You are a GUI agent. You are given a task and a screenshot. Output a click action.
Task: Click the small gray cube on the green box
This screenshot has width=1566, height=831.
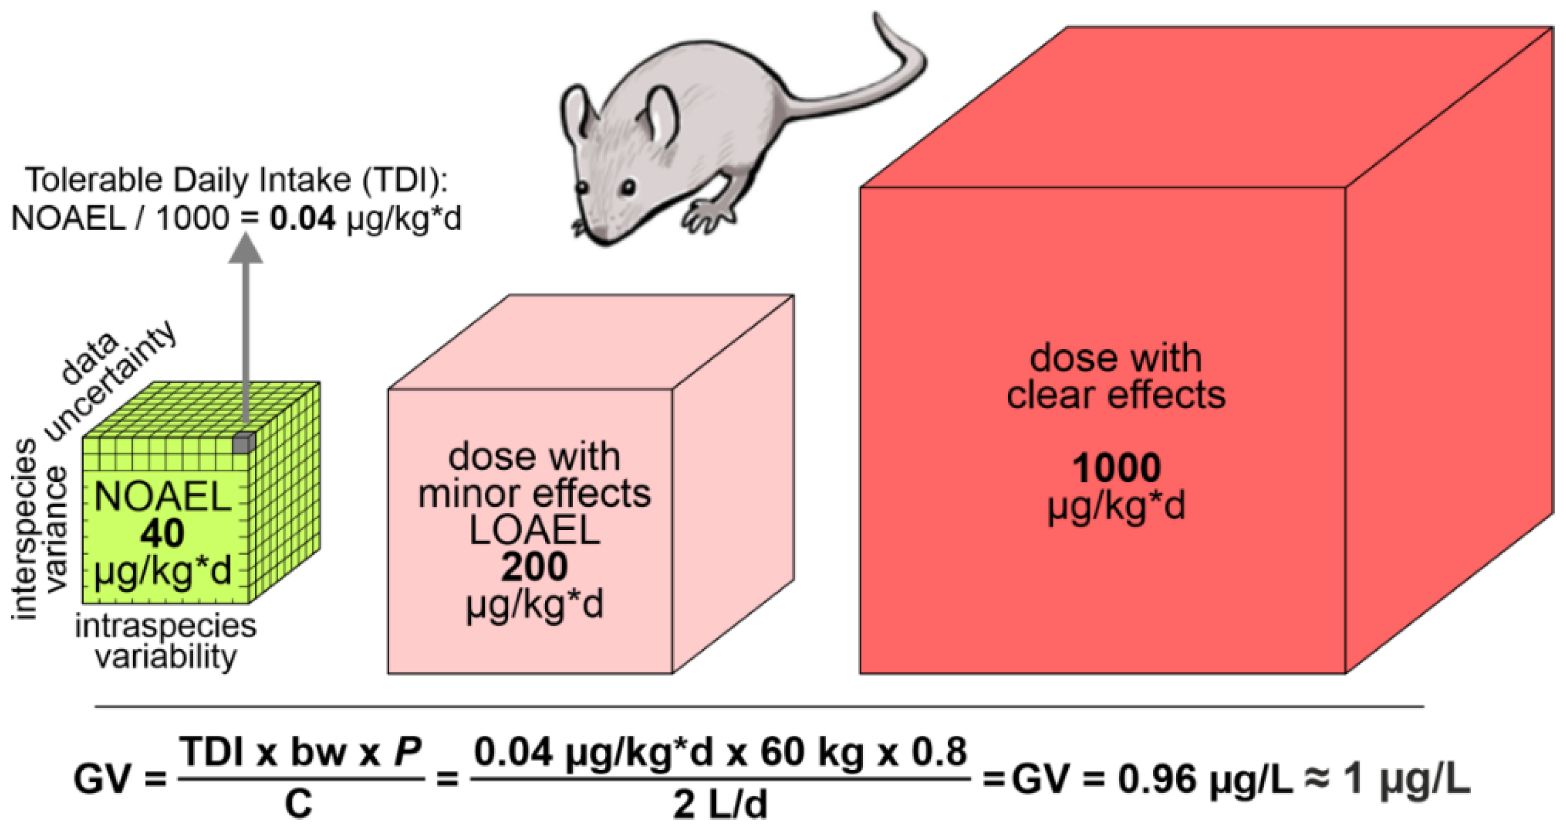pos(243,443)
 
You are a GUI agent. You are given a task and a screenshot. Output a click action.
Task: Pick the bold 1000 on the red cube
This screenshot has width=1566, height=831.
pos(1116,467)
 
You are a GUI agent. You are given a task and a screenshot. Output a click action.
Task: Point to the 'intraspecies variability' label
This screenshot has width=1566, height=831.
pos(165,641)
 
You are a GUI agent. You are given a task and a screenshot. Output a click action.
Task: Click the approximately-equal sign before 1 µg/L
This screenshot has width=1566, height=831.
pos(1317,780)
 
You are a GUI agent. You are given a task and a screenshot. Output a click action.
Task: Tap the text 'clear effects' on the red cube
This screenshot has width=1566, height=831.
pos(1116,396)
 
